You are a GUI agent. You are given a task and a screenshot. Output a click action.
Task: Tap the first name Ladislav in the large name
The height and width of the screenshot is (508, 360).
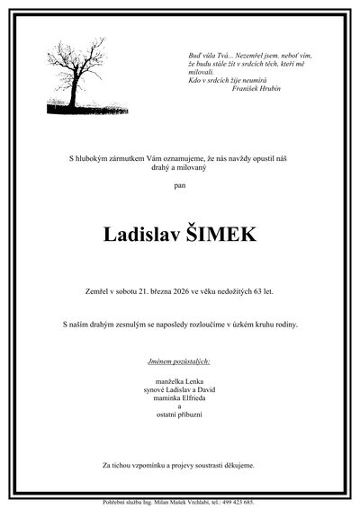coord(141,236)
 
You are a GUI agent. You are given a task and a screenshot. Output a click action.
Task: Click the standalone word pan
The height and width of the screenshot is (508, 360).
coord(180,187)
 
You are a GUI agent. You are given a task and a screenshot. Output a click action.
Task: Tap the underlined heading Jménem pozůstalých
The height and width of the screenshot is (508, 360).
coord(180,361)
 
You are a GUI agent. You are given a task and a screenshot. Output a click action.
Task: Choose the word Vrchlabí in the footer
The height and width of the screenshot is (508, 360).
coord(194,503)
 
